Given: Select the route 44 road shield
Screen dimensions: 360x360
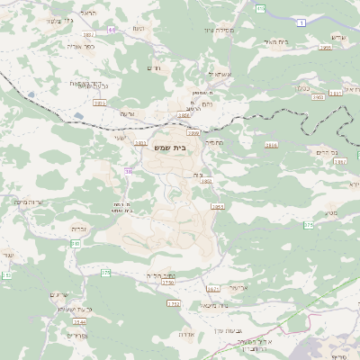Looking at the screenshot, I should point(112,30).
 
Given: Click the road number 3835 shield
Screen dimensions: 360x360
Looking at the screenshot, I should point(99,103).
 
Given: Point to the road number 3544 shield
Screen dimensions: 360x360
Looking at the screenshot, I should point(80,321).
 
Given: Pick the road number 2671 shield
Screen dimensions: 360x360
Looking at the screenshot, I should point(213,289).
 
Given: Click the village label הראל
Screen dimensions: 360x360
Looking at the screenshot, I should point(88,14).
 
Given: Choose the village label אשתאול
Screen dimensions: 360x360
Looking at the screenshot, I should point(219,74).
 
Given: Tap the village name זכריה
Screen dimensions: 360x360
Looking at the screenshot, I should point(78,229).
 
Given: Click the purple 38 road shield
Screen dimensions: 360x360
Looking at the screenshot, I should point(130,170).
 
